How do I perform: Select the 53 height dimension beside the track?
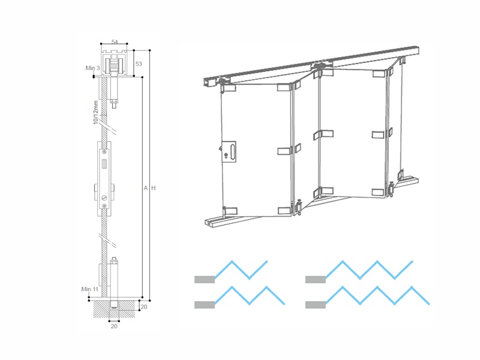[x=138, y=63]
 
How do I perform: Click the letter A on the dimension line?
[x=145, y=188]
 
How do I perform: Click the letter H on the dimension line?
[x=154, y=188]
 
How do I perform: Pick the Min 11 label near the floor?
[x=90, y=289]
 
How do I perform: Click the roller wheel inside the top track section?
[x=114, y=64]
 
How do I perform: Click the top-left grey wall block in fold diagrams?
[x=205, y=279]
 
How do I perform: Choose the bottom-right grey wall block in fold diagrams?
[x=315, y=305]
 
